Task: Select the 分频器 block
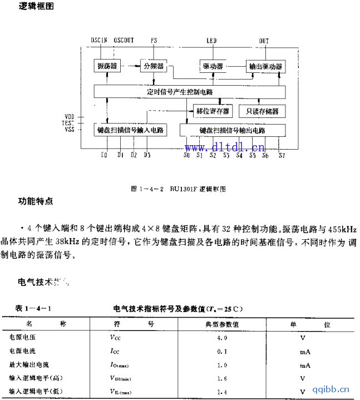(154, 66)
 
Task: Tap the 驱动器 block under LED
(213, 67)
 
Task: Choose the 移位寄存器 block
(213, 111)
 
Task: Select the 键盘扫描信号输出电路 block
(231, 130)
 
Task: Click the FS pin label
(154, 41)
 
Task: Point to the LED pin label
(211, 41)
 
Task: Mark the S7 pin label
(281, 155)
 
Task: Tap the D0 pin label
(104, 155)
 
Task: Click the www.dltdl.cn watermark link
(225, 147)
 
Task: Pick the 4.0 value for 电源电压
(221, 338)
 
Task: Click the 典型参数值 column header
(219, 324)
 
